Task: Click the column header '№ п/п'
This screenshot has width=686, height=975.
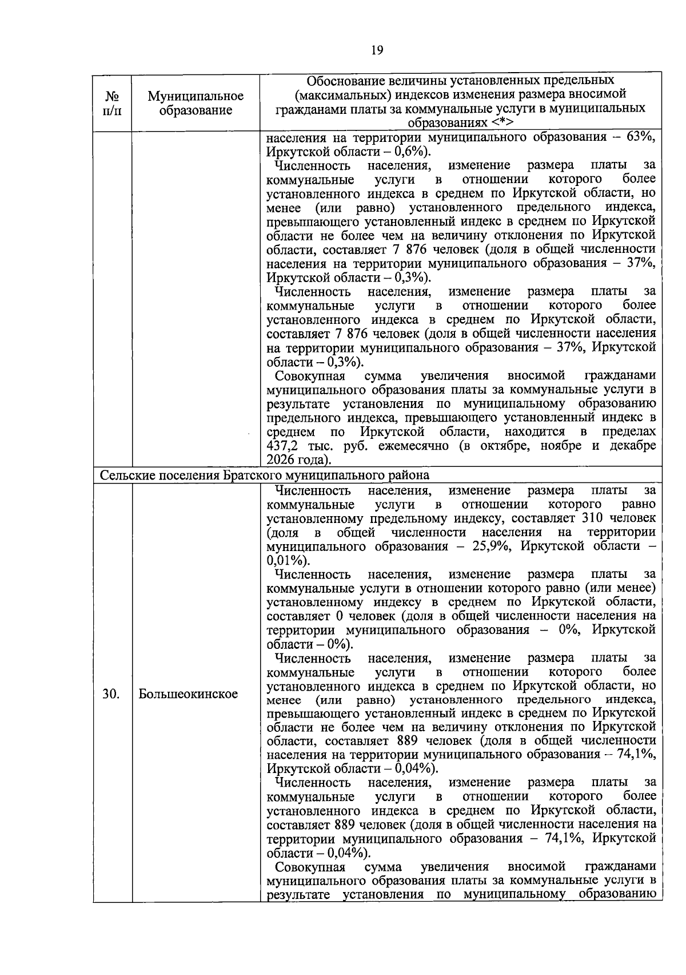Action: pyautogui.click(x=112, y=102)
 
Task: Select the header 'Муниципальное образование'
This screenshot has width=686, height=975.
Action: pyautogui.click(x=196, y=102)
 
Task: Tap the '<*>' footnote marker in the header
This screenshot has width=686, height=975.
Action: pyautogui.click(x=501, y=122)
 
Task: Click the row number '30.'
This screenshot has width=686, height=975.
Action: pyautogui.click(x=111, y=694)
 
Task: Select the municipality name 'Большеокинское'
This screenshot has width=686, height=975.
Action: pyautogui.click(x=188, y=694)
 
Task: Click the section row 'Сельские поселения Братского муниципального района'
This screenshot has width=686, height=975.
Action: pyautogui.click(x=265, y=475)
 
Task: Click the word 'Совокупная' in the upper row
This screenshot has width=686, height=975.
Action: pyautogui.click(x=310, y=376)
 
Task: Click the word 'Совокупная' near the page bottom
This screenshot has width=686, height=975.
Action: pyautogui.click(x=310, y=866)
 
